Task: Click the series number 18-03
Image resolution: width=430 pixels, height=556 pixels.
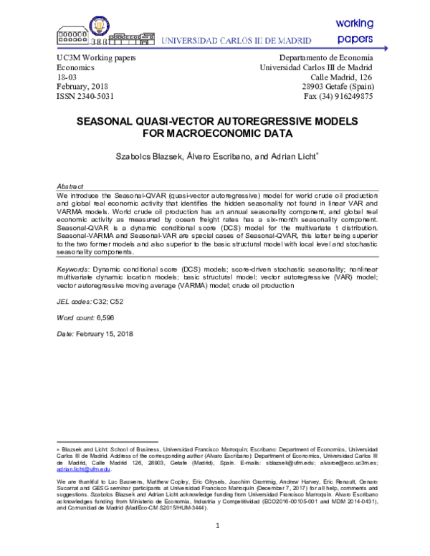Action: point(67,76)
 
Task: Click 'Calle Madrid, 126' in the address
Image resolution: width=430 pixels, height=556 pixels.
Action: point(341,76)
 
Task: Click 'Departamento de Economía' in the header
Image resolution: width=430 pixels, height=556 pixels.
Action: point(326,56)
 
